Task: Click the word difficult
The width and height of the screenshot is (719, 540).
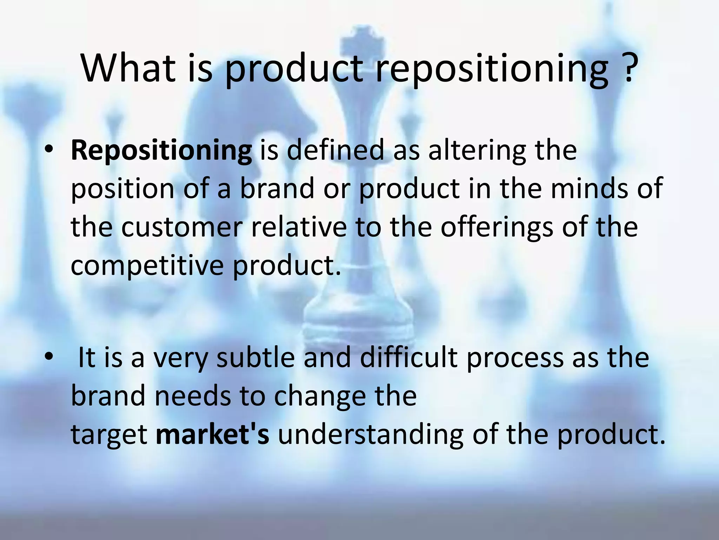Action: pyautogui.click(x=409, y=358)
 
